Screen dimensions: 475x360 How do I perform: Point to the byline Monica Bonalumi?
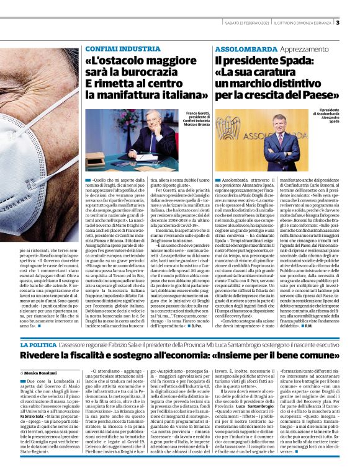click(47, 371)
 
